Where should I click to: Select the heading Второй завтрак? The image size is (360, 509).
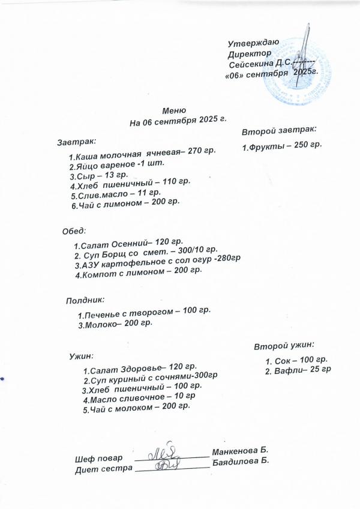point(279,130)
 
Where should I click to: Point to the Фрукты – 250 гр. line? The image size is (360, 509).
point(282,146)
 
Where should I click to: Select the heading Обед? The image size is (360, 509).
point(75,230)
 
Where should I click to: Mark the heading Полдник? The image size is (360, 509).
point(85,298)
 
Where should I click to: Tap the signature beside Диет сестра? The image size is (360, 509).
point(169,464)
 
